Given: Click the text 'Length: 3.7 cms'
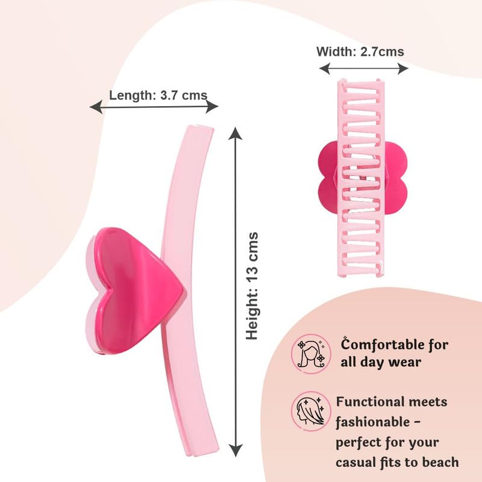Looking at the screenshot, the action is [158, 95].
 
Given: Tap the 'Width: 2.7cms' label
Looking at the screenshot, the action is [360, 51].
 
